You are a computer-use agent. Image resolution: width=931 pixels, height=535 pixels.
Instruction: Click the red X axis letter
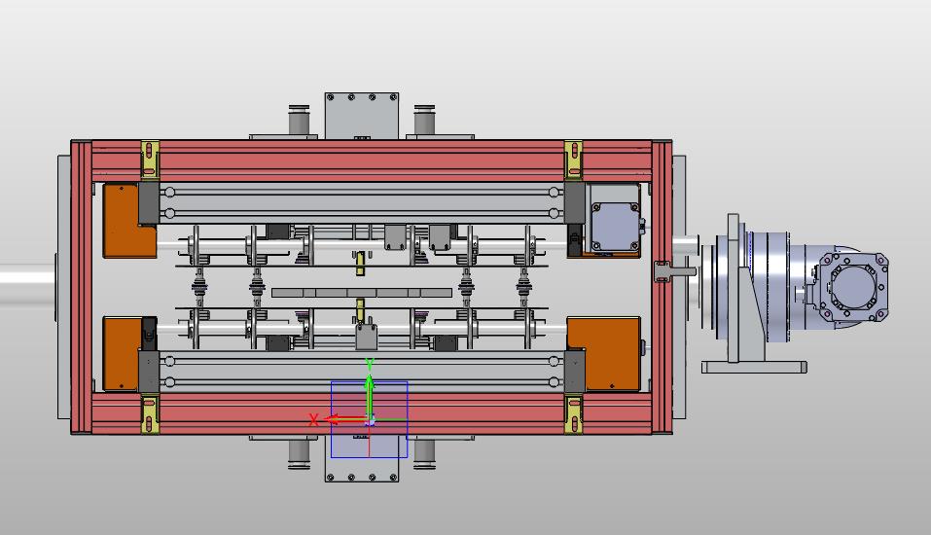coord(313,420)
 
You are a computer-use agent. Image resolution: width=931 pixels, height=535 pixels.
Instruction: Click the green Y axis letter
coord(370,364)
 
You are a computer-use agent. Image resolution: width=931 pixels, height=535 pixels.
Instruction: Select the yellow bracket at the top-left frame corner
coord(150,160)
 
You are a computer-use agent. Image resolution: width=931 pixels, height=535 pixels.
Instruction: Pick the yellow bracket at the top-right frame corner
coord(573,160)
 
